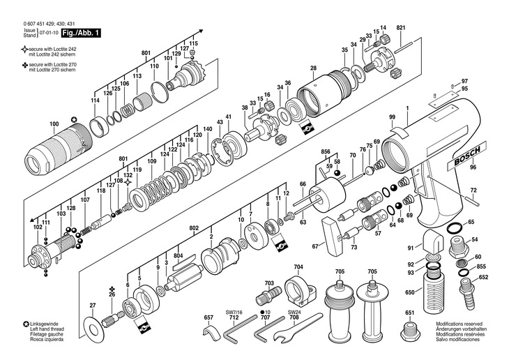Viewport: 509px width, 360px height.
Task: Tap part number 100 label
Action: coord(54,124)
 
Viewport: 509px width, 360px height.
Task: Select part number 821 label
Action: coord(400,27)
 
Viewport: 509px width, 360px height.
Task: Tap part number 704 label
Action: coord(298,267)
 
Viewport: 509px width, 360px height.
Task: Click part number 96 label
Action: coord(473,167)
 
